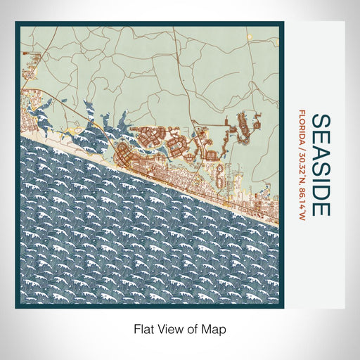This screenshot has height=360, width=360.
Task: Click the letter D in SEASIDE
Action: (318, 192)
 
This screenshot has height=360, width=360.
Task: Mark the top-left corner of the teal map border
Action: (16, 23)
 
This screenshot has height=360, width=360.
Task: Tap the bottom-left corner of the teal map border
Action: (16, 307)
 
